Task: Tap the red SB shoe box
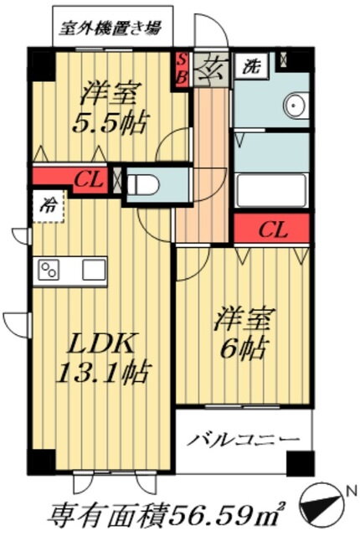(x=182, y=70)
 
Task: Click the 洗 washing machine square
(x=252, y=66)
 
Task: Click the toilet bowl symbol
(x=143, y=185)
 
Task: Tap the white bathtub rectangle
(x=271, y=190)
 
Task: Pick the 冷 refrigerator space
(x=49, y=206)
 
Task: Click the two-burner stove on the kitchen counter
(x=49, y=269)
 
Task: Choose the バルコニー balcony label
(x=243, y=439)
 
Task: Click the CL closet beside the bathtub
(x=272, y=229)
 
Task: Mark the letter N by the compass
(x=349, y=492)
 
